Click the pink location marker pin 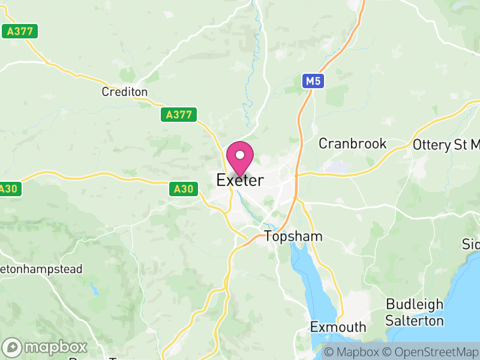pyautogui.click(x=240, y=158)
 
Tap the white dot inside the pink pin pyautogui.click(x=240, y=155)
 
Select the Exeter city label pyautogui.click(x=240, y=180)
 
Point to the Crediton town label pyautogui.click(x=125, y=92)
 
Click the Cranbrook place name pyautogui.click(x=353, y=144)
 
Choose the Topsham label pyautogui.click(x=293, y=236)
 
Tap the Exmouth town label pyautogui.click(x=338, y=327)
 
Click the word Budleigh pyautogui.click(x=415, y=304)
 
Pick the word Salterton pyautogui.click(x=415, y=320)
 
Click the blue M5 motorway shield pyautogui.click(x=313, y=80)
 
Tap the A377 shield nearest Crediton pyautogui.click(x=179, y=115)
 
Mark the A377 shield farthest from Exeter pyautogui.click(x=20, y=31)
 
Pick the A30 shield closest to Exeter pyautogui.click(x=183, y=189)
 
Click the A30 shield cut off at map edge pyautogui.click(x=9, y=188)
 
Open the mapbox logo pyautogui.click(x=46, y=347)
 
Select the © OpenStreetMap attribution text pyautogui.click(x=430, y=352)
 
